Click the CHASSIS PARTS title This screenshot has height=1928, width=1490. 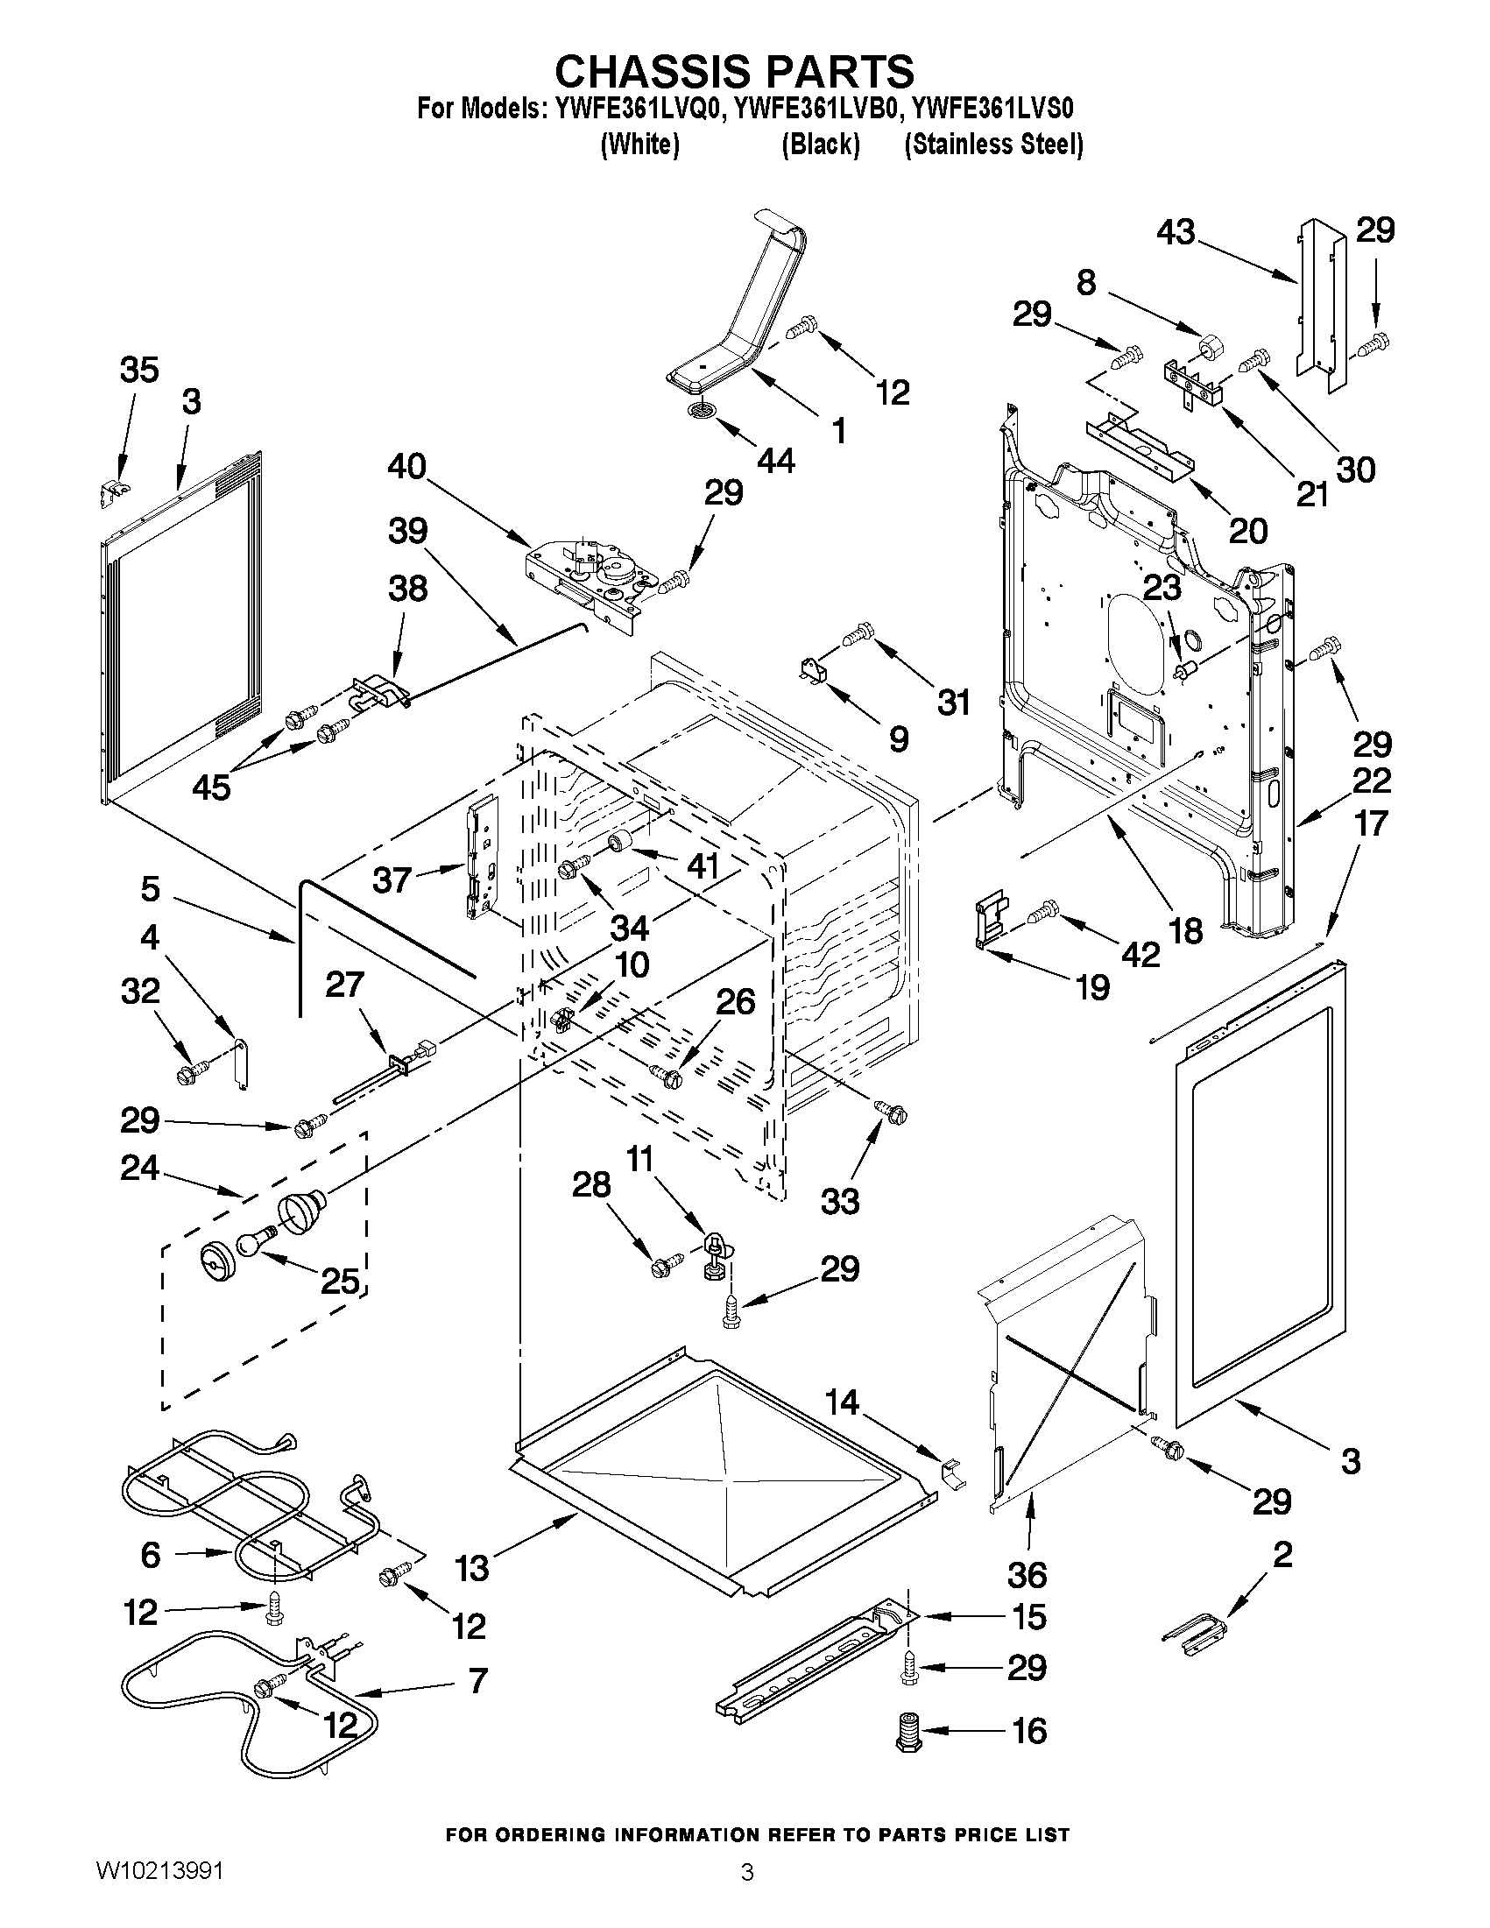pyautogui.click(x=734, y=71)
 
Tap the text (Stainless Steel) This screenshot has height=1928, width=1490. pyautogui.click(x=993, y=145)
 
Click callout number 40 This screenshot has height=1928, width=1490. pyautogui.click(x=407, y=466)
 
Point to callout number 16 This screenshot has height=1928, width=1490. pyautogui.click(x=1029, y=1731)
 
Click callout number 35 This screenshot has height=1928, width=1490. pyautogui.click(x=139, y=370)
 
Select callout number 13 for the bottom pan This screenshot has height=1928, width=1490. pyautogui.click(x=472, y=1568)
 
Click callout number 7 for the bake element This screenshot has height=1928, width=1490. pyautogui.click(x=477, y=1680)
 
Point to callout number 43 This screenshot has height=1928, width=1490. pyautogui.click(x=1176, y=233)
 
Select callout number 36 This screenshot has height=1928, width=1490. pyautogui.click(x=1027, y=1574)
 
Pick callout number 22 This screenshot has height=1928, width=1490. pyautogui.click(x=1372, y=780)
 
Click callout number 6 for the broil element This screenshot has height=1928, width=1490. pyautogui.click(x=151, y=1555)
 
